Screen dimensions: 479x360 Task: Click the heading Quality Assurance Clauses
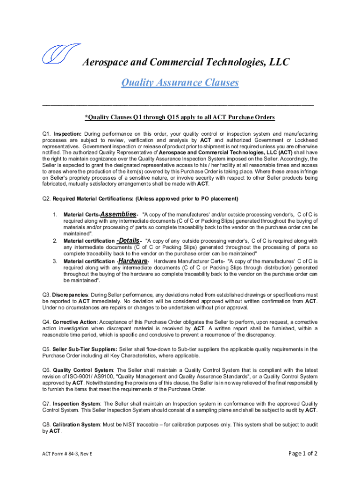point(180,83)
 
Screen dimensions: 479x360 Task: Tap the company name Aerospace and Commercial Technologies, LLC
point(186,62)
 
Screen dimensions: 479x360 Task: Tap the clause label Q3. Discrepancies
point(65,295)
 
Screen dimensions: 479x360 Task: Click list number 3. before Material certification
point(55,261)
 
